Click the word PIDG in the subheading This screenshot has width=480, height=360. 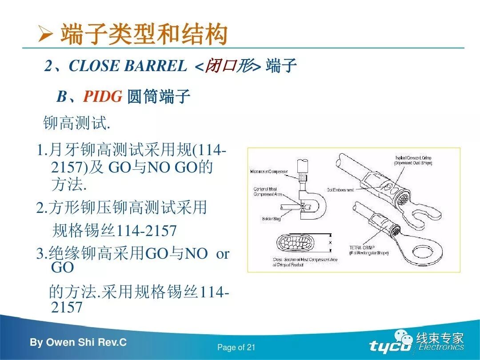point(102,96)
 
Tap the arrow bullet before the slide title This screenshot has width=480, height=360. point(46,35)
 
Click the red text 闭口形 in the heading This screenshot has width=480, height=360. point(228,66)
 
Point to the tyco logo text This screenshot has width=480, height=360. point(390,346)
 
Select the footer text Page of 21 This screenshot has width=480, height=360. point(236,348)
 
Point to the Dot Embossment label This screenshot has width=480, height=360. point(340,190)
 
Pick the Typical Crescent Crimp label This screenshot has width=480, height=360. point(413,160)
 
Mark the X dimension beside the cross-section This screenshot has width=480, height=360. point(329,243)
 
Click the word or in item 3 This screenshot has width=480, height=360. point(222,253)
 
